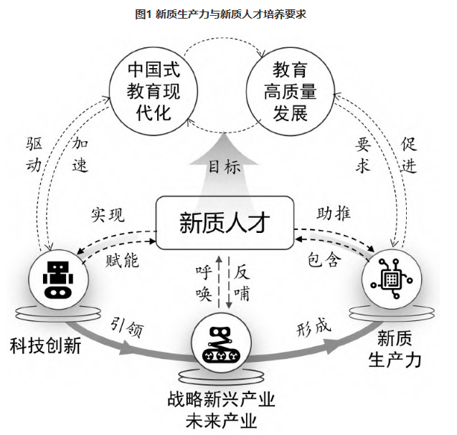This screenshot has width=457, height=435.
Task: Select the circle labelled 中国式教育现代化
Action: point(153,91)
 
